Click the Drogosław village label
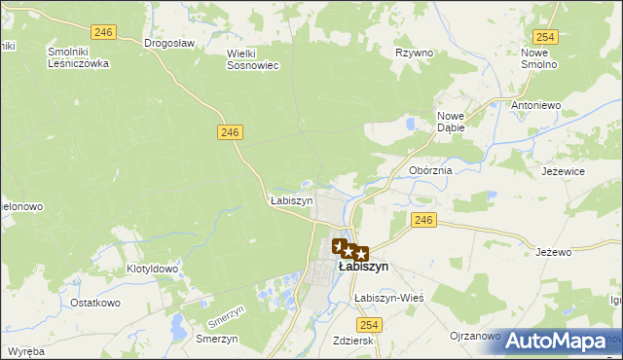click(x=169, y=43)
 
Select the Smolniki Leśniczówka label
click(x=78, y=57)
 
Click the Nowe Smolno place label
click(x=538, y=58)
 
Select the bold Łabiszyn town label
click(x=363, y=266)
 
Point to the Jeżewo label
click(x=553, y=252)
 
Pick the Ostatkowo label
click(x=94, y=303)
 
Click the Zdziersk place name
click(x=354, y=342)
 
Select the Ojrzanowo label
click(x=475, y=337)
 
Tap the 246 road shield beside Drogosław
click(x=106, y=32)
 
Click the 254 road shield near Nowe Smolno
click(x=545, y=37)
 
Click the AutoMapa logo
click(x=557, y=342)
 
